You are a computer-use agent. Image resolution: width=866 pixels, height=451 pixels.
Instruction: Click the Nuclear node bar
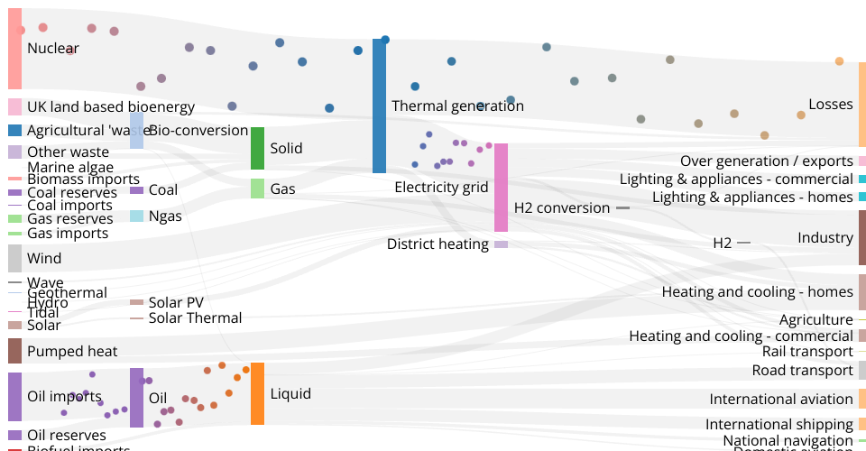14,49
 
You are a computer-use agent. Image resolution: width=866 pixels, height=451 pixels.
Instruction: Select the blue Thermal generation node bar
379,106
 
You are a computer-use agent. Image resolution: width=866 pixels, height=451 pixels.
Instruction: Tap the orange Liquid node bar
257,393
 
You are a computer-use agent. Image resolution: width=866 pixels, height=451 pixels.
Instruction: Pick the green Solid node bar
257,148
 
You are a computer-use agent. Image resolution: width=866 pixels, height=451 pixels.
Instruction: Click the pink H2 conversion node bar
501,188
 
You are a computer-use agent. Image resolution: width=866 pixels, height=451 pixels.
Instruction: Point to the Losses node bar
861,105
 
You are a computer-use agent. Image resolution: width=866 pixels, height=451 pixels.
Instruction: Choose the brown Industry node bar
861,237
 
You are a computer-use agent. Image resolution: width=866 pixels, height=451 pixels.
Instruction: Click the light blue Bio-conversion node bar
136,131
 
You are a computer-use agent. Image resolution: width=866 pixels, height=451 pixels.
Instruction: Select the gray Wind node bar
14,258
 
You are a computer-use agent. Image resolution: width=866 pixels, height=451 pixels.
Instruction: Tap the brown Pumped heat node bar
14,351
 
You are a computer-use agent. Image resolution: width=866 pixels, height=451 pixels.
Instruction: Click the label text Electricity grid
441,188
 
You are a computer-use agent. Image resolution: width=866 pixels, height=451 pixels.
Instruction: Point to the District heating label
438,244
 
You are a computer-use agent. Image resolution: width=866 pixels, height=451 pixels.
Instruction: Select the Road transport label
802,371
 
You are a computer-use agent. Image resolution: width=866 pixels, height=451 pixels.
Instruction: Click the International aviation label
780,400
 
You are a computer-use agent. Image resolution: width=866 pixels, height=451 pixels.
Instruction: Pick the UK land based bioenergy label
110,107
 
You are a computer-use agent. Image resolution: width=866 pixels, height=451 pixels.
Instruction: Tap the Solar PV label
176,303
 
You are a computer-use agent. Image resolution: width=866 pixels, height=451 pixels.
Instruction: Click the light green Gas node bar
257,189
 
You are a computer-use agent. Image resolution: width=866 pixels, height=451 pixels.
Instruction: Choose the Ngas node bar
136,216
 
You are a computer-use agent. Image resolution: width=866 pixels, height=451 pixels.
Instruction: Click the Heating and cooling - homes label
757,292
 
